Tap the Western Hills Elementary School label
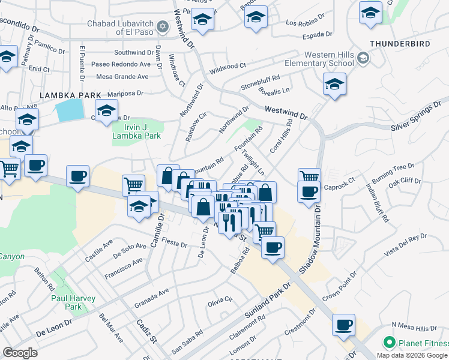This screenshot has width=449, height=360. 328,59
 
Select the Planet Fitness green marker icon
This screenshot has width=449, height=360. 389,343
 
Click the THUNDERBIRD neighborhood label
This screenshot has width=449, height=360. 401,44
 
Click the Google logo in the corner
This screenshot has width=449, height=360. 20,353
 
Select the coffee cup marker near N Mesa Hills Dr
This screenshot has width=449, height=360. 344,325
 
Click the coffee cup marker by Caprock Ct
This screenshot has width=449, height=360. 309,191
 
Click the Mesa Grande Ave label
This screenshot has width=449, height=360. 122,76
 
